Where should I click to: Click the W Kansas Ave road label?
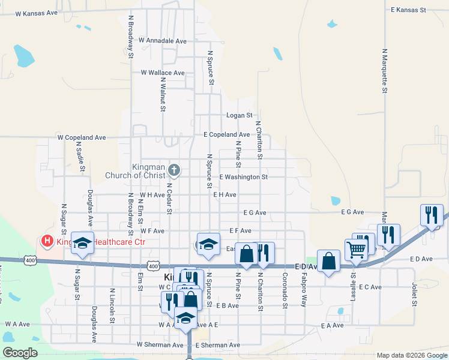pos(37,13)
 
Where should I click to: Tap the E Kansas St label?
pos(408,10)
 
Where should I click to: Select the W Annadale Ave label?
pos(162,41)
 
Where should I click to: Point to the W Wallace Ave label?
pos(163,73)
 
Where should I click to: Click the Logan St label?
pos(239,115)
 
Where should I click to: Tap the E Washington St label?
pos(243,177)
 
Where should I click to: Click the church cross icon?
pos(174,170)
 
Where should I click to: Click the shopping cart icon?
pos(357,248)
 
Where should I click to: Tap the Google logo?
pos(20,353)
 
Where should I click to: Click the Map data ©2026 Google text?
pos(412,355)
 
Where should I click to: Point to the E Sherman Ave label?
pos(217,345)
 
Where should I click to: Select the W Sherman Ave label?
pos(160,345)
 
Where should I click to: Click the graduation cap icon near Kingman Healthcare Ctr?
pos(83,243)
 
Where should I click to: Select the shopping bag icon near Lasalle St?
pos(328,261)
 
